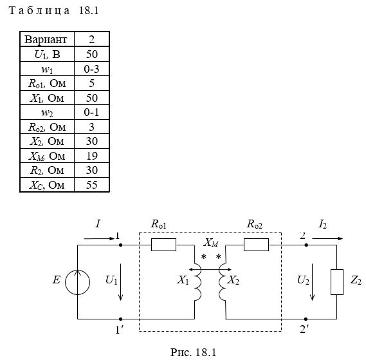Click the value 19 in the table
pyautogui.click(x=92, y=156)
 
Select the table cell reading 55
pyautogui.click(x=92, y=185)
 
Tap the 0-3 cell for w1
pyautogui.click(x=91, y=69)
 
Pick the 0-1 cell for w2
pyautogui.click(x=91, y=113)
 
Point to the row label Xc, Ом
pyautogui.click(x=47, y=185)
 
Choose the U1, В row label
pyautogui.click(x=47, y=55)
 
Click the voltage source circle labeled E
pyautogui.click(x=77, y=282)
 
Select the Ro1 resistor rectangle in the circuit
pyautogui.click(x=163, y=245)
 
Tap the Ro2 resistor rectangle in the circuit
pyautogui.click(x=256, y=245)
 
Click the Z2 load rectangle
pyautogui.click(x=337, y=282)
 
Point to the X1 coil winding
pyautogui.click(x=197, y=282)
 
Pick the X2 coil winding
pyautogui.click(x=222, y=282)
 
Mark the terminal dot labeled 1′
pyautogui.click(x=120, y=319)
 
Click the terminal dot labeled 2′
pyautogui.click(x=306, y=319)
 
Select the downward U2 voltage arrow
pyautogui.click(x=312, y=282)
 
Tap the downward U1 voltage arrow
pyautogui.click(x=120, y=282)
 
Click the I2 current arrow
pyautogui.click(x=327, y=238)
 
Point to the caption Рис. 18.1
pyautogui.click(x=193, y=352)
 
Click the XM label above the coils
pyautogui.click(x=211, y=243)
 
